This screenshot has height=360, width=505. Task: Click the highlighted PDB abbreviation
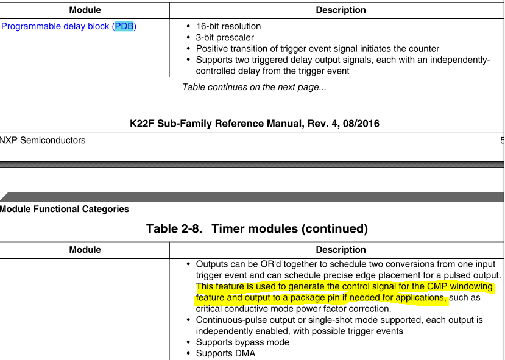pyautogui.click(x=124, y=26)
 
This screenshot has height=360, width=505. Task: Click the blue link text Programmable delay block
pyautogui.click(x=56, y=26)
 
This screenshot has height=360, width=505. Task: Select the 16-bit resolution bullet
pyautogui.click(x=228, y=26)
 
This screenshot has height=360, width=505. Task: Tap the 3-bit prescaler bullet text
pyautogui.click(x=225, y=37)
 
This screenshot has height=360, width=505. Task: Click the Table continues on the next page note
pyautogui.click(x=254, y=87)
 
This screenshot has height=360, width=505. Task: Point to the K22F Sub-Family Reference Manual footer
pyautogui.click(x=255, y=124)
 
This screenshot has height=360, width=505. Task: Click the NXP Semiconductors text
pyautogui.click(x=43, y=140)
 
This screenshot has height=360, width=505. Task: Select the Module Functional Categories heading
pyautogui.click(x=65, y=209)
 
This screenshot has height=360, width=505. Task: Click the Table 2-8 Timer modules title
pyautogui.click(x=257, y=229)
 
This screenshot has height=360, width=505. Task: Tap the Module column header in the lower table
pyautogui.click(x=85, y=250)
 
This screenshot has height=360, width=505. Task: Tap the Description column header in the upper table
pyautogui.click(x=341, y=10)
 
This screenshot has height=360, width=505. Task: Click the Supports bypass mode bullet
pyautogui.click(x=242, y=342)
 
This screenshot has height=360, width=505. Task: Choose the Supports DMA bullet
pyautogui.click(x=225, y=353)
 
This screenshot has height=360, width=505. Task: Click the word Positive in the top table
pyautogui.click(x=213, y=48)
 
